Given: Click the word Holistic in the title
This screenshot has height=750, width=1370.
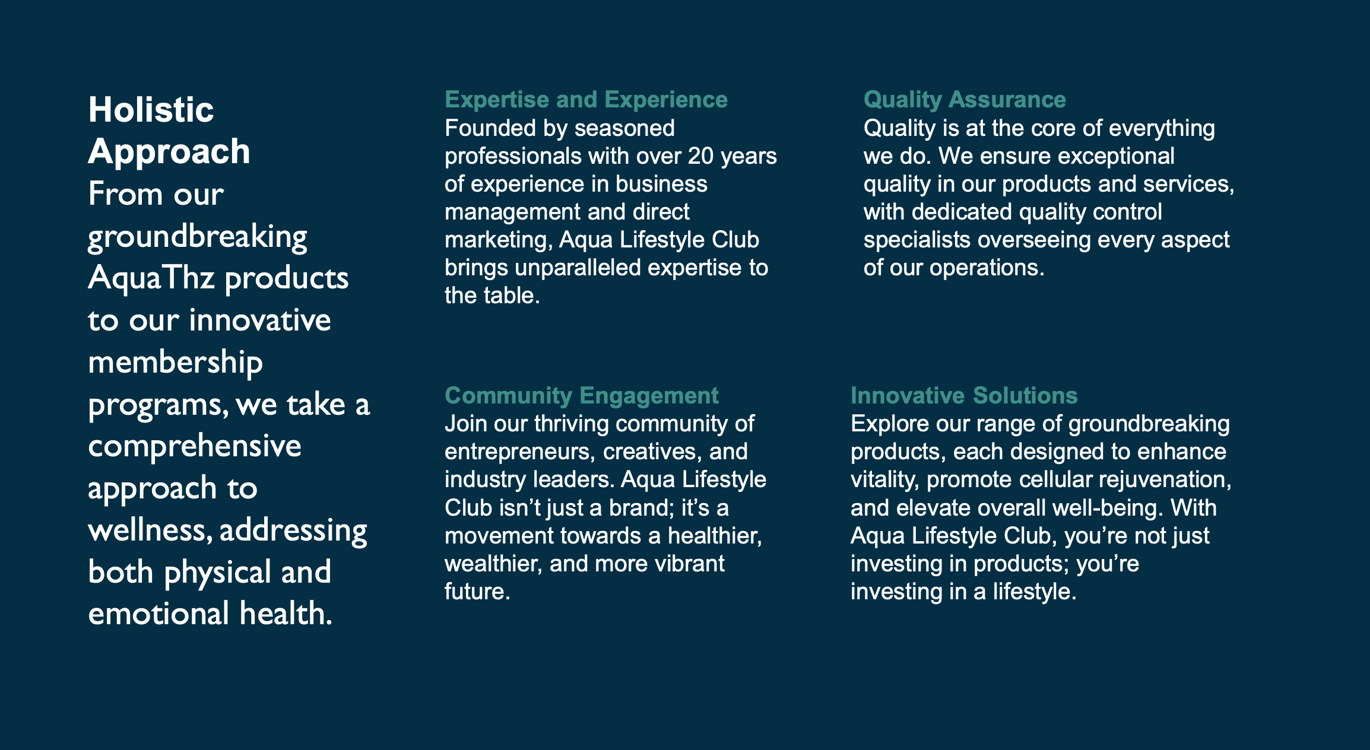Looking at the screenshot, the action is [151, 110].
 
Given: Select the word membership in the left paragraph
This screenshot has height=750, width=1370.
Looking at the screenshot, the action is [175, 363].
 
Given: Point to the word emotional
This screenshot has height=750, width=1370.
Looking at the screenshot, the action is [158, 614].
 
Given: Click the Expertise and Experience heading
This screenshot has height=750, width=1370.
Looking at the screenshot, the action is [586, 100].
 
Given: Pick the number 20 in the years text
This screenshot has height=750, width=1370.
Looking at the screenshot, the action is [700, 156].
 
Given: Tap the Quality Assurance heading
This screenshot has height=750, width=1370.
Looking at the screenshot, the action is [965, 100].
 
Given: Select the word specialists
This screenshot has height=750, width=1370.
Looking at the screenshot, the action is [917, 240].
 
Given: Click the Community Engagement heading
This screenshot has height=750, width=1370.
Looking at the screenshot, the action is [582, 395].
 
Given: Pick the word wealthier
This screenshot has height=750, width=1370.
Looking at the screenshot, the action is [494, 564].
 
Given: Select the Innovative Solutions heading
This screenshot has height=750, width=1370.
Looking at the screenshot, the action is [964, 395].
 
